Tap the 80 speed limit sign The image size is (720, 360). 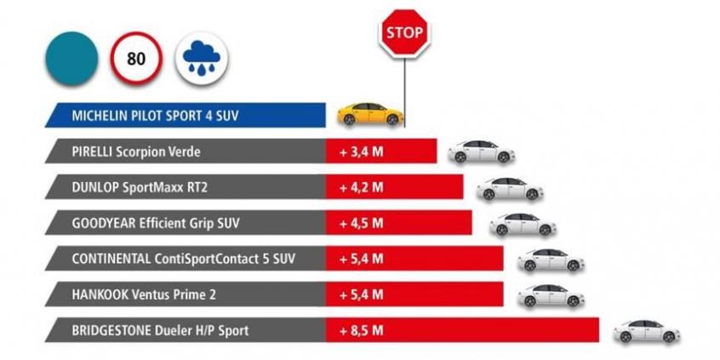134,58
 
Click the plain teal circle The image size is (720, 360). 71,58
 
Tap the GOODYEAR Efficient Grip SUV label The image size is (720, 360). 157,223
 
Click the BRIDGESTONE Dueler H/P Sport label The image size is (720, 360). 161,329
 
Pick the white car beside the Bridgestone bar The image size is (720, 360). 647,331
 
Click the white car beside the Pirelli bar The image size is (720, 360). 482,151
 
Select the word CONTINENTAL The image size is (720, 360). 115,258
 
